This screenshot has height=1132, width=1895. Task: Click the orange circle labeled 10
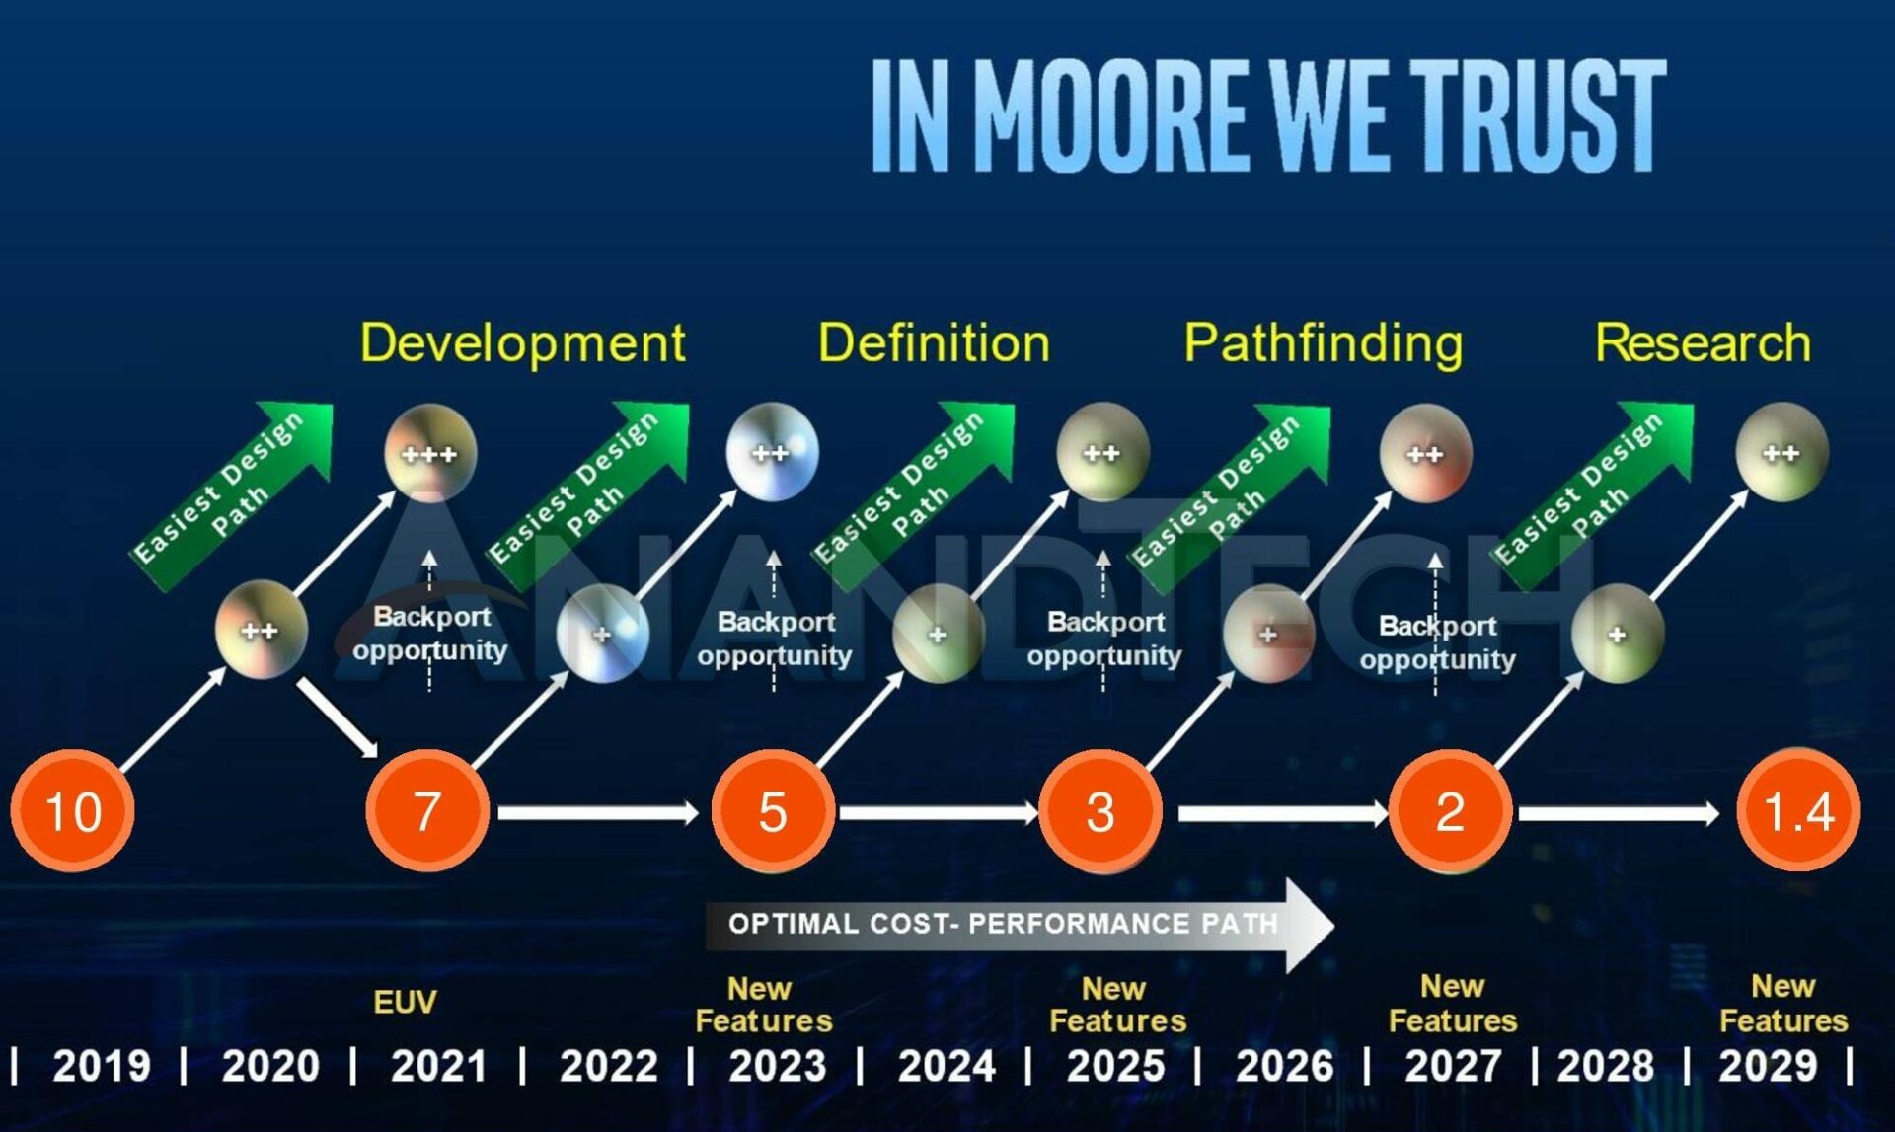click(72, 811)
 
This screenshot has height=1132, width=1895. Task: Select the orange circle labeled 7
click(426, 811)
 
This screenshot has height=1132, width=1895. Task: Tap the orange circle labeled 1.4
click(1797, 811)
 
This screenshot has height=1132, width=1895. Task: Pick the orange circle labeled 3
click(1099, 811)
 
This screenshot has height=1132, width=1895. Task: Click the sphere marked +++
click(429, 453)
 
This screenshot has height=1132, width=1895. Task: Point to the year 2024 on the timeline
click(946, 1066)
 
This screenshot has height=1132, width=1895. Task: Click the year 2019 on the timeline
click(101, 1066)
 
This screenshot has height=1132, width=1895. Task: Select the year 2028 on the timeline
click(1605, 1066)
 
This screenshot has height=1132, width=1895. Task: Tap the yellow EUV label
click(405, 1002)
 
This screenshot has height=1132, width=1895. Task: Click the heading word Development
click(522, 343)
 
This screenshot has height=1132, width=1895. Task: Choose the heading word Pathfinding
click(1323, 343)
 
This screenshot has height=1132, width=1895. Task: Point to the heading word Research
click(1703, 343)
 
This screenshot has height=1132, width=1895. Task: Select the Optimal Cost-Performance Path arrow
click(1017, 924)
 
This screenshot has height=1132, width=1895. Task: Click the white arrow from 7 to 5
click(597, 812)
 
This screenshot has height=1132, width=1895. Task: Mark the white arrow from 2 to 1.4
click(1619, 812)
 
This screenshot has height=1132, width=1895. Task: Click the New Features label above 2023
click(763, 1004)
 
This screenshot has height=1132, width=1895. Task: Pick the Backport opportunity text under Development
click(430, 634)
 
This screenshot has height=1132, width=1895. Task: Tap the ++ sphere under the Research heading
click(1781, 453)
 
